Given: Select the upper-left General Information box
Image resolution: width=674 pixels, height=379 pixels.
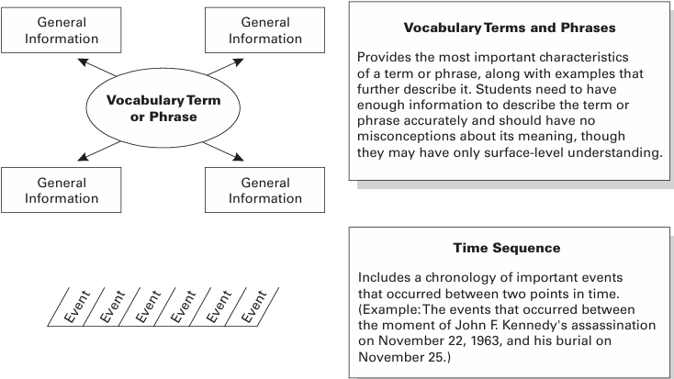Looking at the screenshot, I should click(62, 30).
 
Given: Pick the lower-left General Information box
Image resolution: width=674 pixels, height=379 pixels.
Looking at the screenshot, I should click(62, 190).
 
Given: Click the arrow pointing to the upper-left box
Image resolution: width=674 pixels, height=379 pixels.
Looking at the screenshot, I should click(97, 67).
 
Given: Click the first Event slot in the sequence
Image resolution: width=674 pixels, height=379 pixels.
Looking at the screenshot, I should click(77, 305).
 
